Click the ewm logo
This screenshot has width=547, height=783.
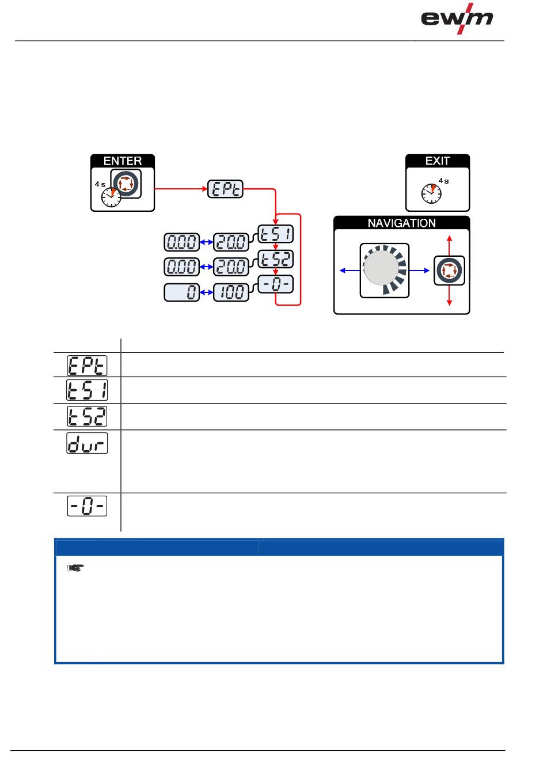coord(457,19)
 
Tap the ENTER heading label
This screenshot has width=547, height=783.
coord(123,161)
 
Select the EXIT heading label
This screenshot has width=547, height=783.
coord(438,161)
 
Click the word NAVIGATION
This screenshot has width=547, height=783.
coord(402,223)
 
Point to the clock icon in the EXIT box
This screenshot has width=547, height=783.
coord(431,193)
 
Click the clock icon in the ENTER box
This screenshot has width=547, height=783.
coord(111,197)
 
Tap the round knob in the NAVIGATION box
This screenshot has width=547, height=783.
coord(381,269)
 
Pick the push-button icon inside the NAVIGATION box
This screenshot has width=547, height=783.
coord(449,270)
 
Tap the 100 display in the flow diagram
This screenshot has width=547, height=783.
coord(232,292)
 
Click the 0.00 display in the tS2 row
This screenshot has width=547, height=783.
coord(181,267)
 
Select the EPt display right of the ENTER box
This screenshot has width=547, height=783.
coord(225,189)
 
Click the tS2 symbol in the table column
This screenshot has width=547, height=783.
coord(88,416)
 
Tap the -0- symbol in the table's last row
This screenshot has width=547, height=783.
coord(88,505)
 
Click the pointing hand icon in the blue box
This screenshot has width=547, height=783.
coord(74,568)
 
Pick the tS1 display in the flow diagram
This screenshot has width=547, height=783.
coord(275,234)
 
